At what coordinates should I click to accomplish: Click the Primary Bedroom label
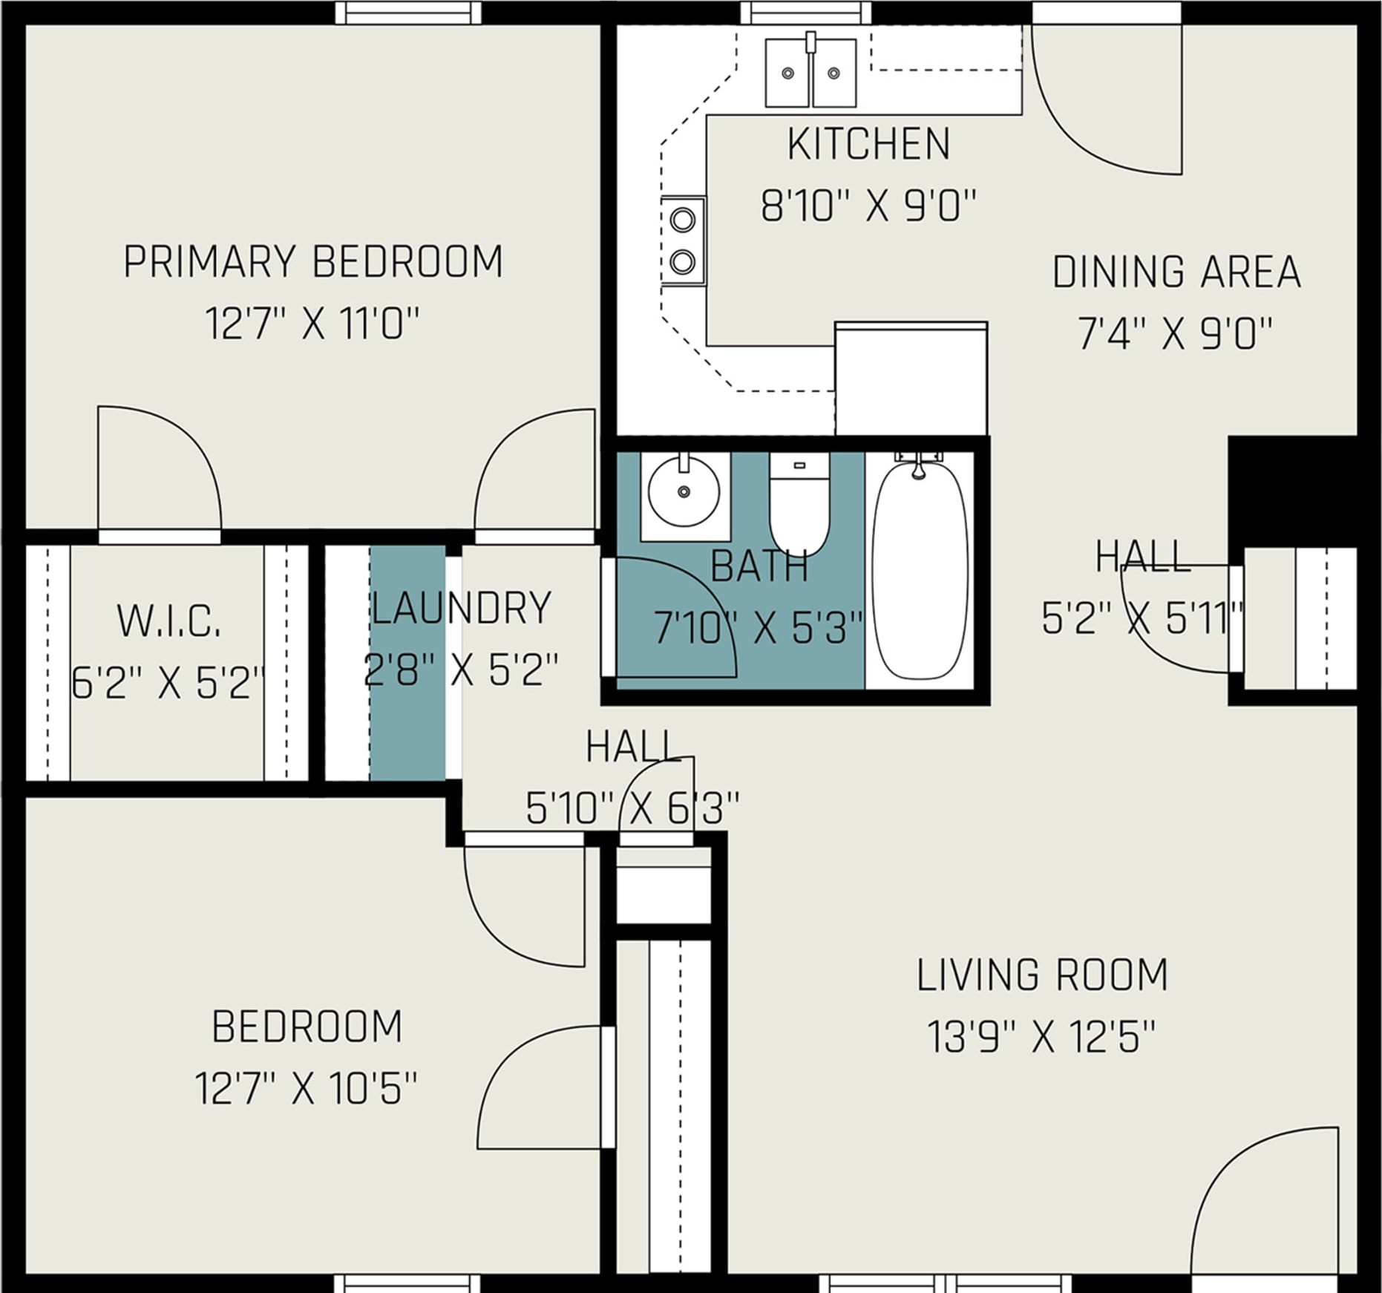click(x=312, y=261)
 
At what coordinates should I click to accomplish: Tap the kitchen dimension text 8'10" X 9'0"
click(x=868, y=206)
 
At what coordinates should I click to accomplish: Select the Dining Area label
click(x=1176, y=272)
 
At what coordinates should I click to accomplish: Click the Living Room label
click(x=1042, y=975)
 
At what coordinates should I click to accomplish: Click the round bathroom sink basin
click(x=684, y=491)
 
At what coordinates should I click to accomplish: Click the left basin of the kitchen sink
click(x=787, y=73)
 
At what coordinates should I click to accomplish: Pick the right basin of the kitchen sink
click(x=834, y=73)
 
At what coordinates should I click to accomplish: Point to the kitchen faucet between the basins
click(x=810, y=42)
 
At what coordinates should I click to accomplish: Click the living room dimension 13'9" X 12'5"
click(x=1042, y=1037)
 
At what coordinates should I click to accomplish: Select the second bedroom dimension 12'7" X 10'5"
click(x=307, y=1088)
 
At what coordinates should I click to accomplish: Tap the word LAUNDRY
click(x=462, y=607)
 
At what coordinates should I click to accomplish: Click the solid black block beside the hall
click(x=1292, y=492)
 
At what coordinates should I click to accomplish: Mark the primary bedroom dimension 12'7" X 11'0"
click(x=312, y=324)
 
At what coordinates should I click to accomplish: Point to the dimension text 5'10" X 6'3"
click(x=633, y=808)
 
